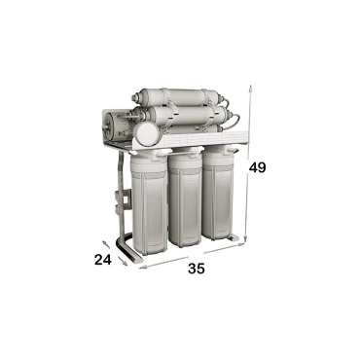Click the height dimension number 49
(x=258, y=167)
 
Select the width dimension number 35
(x=197, y=270)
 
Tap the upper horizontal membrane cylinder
(x=180, y=97)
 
